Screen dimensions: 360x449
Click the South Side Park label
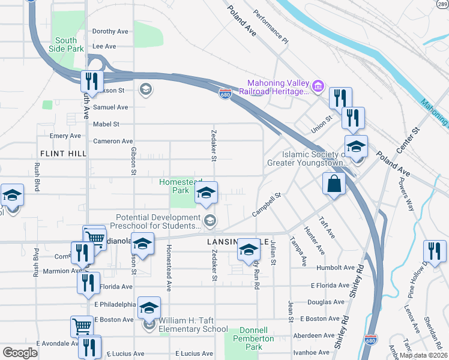click(x=67, y=44)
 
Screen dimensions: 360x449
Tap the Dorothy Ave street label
click(x=110, y=31)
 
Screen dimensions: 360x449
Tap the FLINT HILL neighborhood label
click(x=60, y=154)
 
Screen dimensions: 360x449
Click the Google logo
click(x=20, y=353)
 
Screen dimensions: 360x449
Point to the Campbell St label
click(x=267, y=205)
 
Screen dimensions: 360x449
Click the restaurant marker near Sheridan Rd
click(x=435, y=251)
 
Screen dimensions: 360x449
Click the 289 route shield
click(x=443, y=3)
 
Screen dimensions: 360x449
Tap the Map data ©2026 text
click(x=424, y=355)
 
